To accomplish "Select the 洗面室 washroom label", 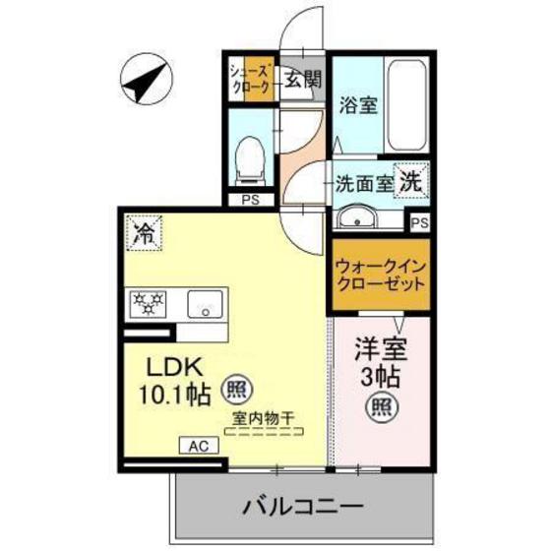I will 363,182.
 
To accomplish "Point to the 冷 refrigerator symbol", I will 144,234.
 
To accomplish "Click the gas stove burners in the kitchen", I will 149,304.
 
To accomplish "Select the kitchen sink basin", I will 206,304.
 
